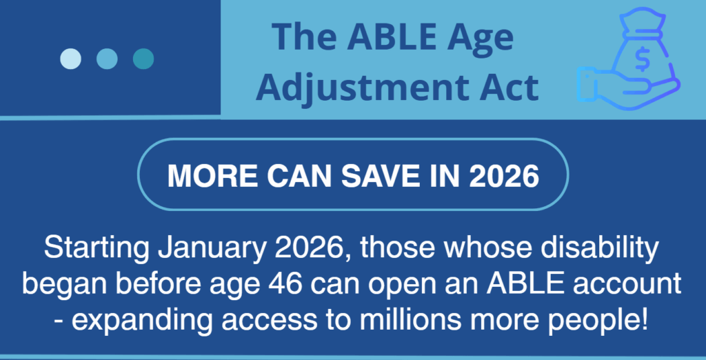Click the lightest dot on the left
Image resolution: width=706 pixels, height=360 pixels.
(70, 59)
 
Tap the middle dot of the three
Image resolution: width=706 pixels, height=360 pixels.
(107, 59)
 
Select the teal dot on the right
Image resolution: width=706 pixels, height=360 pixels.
(143, 59)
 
